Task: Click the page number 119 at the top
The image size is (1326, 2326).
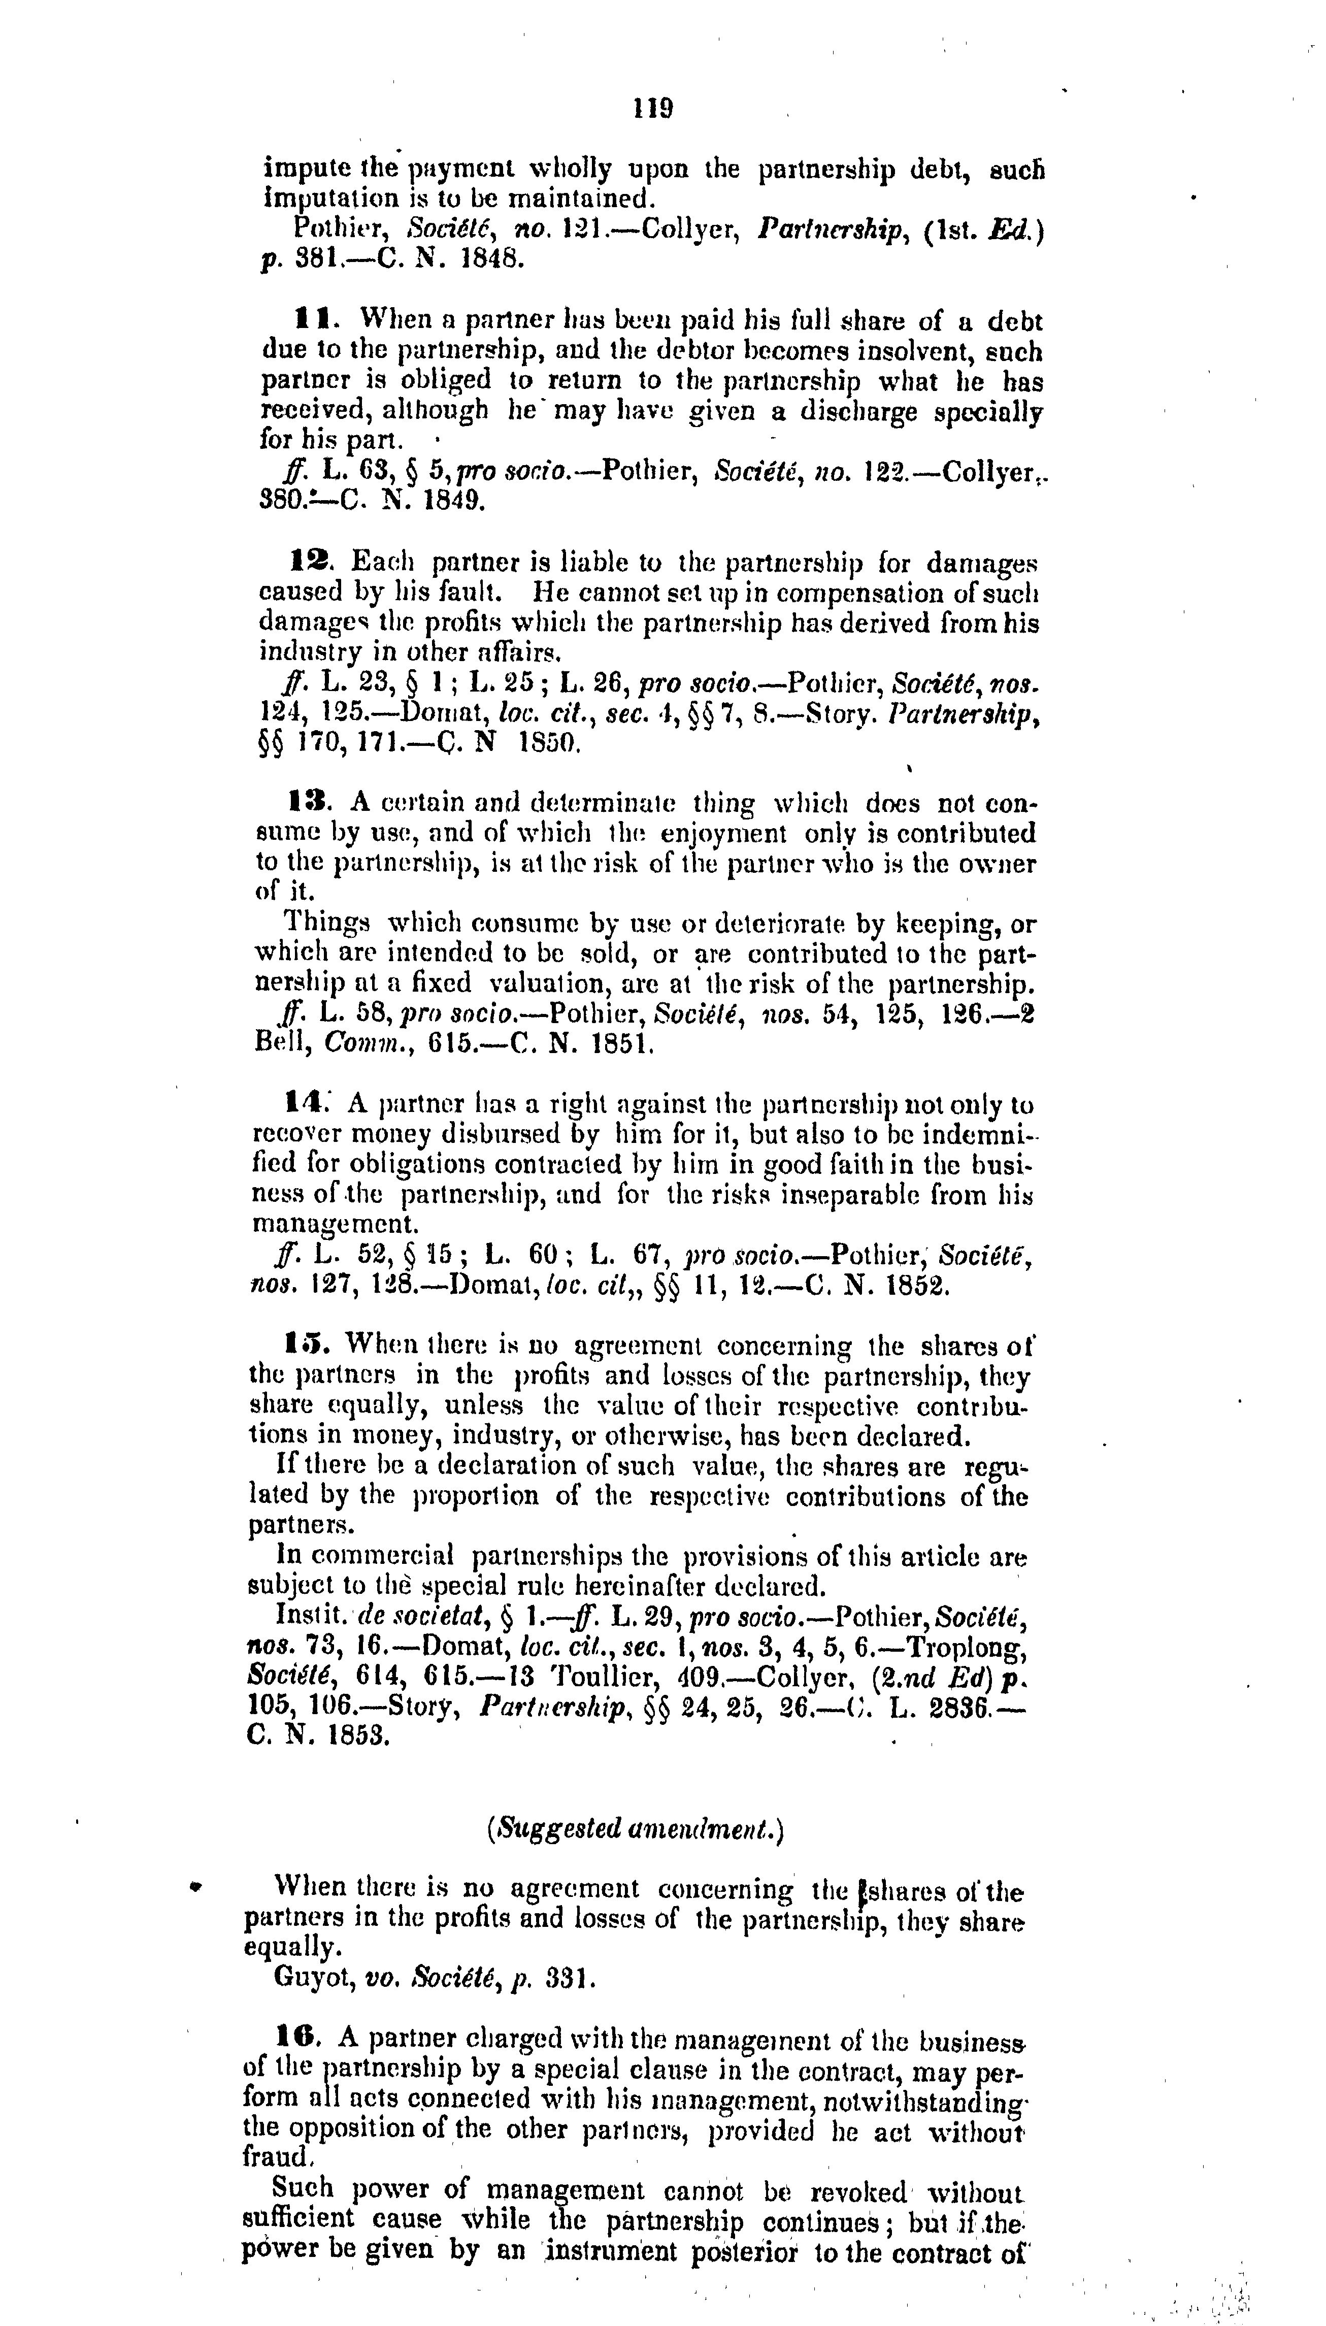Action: tap(654, 109)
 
